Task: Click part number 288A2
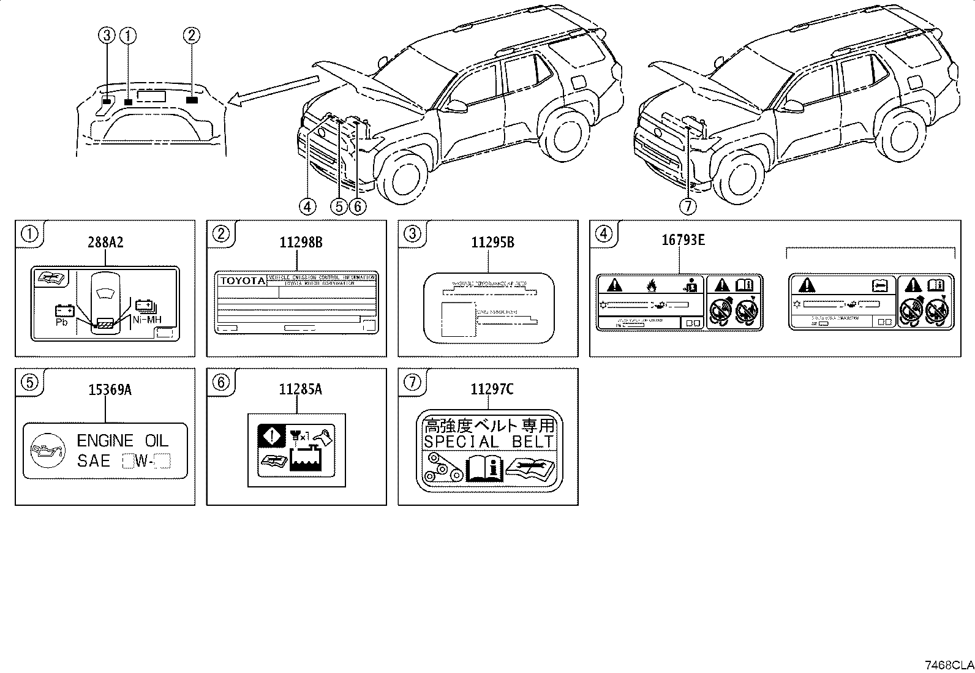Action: pyautogui.click(x=105, y=243)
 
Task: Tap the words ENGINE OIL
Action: pyautogui.click(x=122, y=441)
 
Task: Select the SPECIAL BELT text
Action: pyautogui.click(x=489, y=442)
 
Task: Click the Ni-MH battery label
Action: pyautogui.click(x=146, y=319)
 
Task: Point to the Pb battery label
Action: pyautogui.click(x=62, y=322)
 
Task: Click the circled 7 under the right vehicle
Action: pyautogui.click(x=688, y=207)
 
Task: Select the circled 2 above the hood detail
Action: pyautogui.click(x=191, y=36)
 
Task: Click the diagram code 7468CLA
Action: pyautogui.click(x=949, y=665)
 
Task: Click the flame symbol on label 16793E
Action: pyautogui.click(x=651, y=285)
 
